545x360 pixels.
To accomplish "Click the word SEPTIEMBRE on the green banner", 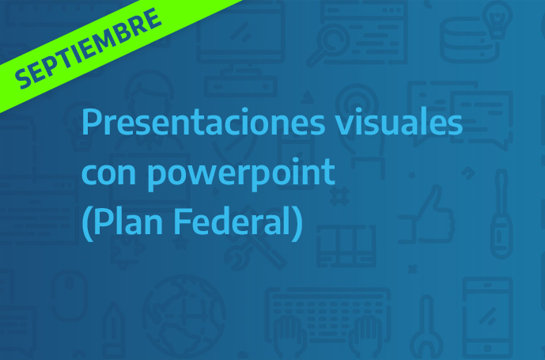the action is click(89, 48).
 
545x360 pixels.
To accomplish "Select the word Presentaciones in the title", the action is click(203, 123).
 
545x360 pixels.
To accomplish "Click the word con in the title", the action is click(108, 173).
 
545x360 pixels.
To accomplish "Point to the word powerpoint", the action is click(240, 176).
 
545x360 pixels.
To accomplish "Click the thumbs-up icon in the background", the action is click(426, 214).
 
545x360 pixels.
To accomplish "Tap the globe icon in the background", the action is click(184, 316).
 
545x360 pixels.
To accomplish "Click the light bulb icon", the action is click(498, 19).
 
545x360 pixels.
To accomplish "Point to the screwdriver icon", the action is click(501, 214).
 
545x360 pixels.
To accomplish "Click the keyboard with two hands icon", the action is click(327, 322).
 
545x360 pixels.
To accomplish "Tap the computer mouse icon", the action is click(70, 296).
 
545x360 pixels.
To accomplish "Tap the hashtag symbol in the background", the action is click(339, 195).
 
